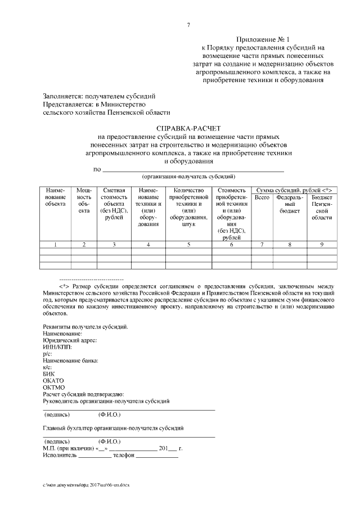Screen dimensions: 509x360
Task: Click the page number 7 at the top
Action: (188, 25)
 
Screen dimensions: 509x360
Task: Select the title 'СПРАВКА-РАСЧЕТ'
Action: (188, 129)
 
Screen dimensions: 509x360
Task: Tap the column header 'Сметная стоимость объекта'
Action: (114, 207)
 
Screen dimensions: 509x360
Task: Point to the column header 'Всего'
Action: (262, 198)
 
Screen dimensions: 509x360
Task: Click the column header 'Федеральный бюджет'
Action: (290, 204)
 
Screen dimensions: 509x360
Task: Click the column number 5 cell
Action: (188, 244)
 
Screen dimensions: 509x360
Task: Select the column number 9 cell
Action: (322, 244)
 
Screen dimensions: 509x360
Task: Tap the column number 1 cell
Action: (55, 244)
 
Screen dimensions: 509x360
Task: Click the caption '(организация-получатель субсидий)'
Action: (188, 176)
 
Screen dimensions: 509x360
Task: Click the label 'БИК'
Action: (48, 373)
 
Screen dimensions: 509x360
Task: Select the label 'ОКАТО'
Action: (54, 380)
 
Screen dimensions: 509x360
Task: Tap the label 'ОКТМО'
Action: (54, 387)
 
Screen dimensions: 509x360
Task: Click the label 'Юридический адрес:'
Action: (70, 340)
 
